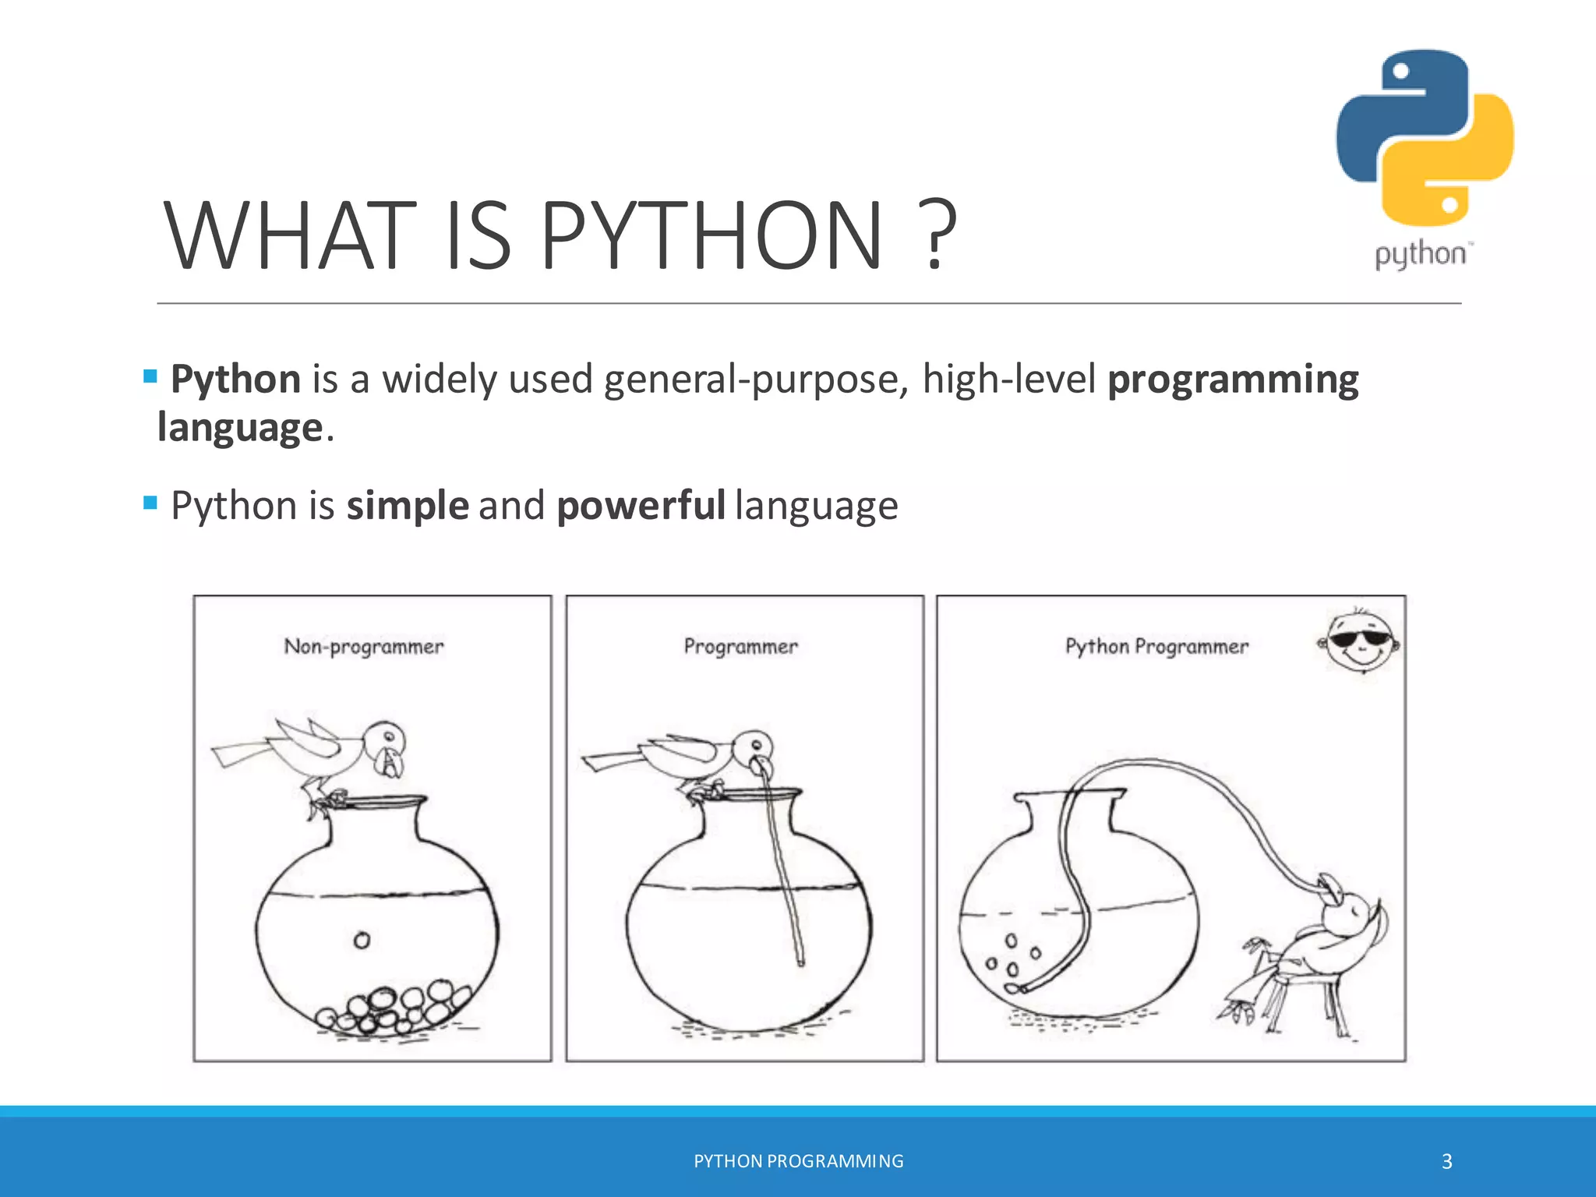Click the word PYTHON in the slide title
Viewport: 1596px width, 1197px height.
coord(711,235)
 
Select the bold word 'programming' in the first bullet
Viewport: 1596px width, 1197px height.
coord(1233,380)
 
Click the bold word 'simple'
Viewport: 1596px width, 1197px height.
coord(408,506)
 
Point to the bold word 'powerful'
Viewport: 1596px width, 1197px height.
coord(641,506)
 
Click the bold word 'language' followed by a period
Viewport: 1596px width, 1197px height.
coord(239,428)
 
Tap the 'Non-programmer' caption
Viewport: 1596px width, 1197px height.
coord(364,647)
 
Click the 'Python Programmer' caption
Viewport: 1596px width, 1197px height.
coord(1156,647)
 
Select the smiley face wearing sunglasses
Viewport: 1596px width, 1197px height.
coord(1361,641)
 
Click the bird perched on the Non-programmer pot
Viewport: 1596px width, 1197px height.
coord(327,756)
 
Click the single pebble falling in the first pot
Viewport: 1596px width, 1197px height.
coord(362,941)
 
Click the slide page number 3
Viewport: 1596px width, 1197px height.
coord(1446,1162)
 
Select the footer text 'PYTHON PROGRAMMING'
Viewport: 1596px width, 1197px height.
coord(798,1161)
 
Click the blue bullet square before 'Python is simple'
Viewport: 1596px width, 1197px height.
coord(150,503)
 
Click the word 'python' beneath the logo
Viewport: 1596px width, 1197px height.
coord(1420,255)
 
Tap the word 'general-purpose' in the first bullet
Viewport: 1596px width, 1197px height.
coord(755,380)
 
